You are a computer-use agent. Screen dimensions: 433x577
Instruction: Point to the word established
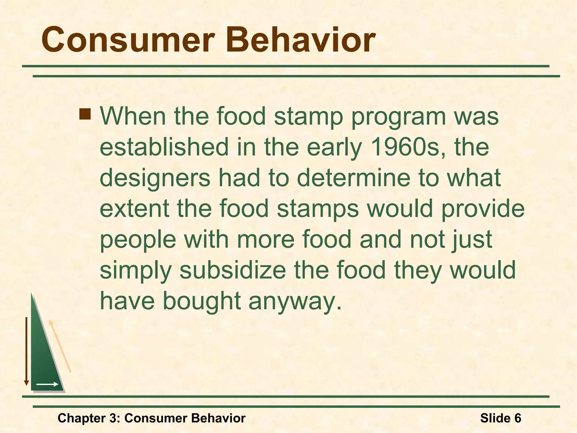(164, 147)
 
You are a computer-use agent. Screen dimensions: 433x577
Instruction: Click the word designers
(155, 178)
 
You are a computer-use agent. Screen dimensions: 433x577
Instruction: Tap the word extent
(135, 209)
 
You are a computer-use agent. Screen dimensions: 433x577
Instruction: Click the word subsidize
(233, 270)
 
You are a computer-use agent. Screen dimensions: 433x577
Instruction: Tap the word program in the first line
(398, 117)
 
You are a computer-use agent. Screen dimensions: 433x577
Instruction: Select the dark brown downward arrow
(26, 351)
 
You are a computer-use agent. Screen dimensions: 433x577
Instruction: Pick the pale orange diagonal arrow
(60, 346)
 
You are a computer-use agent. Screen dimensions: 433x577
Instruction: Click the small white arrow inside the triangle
(47, 384)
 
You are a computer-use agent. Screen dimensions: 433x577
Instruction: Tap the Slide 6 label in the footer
(500, 418)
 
